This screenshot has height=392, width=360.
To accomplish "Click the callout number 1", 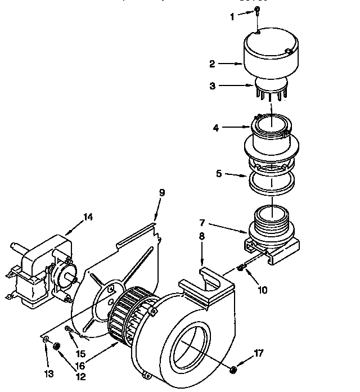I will [x=232, y=17].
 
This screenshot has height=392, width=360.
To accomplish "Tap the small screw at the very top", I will [x=256, y=10].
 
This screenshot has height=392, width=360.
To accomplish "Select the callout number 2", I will [x=213, y=64].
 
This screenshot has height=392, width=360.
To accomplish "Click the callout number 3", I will [x=213, y=86].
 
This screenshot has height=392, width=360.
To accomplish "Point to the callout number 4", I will [x=215, y=128].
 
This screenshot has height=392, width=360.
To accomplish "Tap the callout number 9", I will [x=162, y=192].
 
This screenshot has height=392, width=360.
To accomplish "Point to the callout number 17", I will [x=258, y=353].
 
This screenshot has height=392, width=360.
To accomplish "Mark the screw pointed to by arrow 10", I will [x=241, y=268].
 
